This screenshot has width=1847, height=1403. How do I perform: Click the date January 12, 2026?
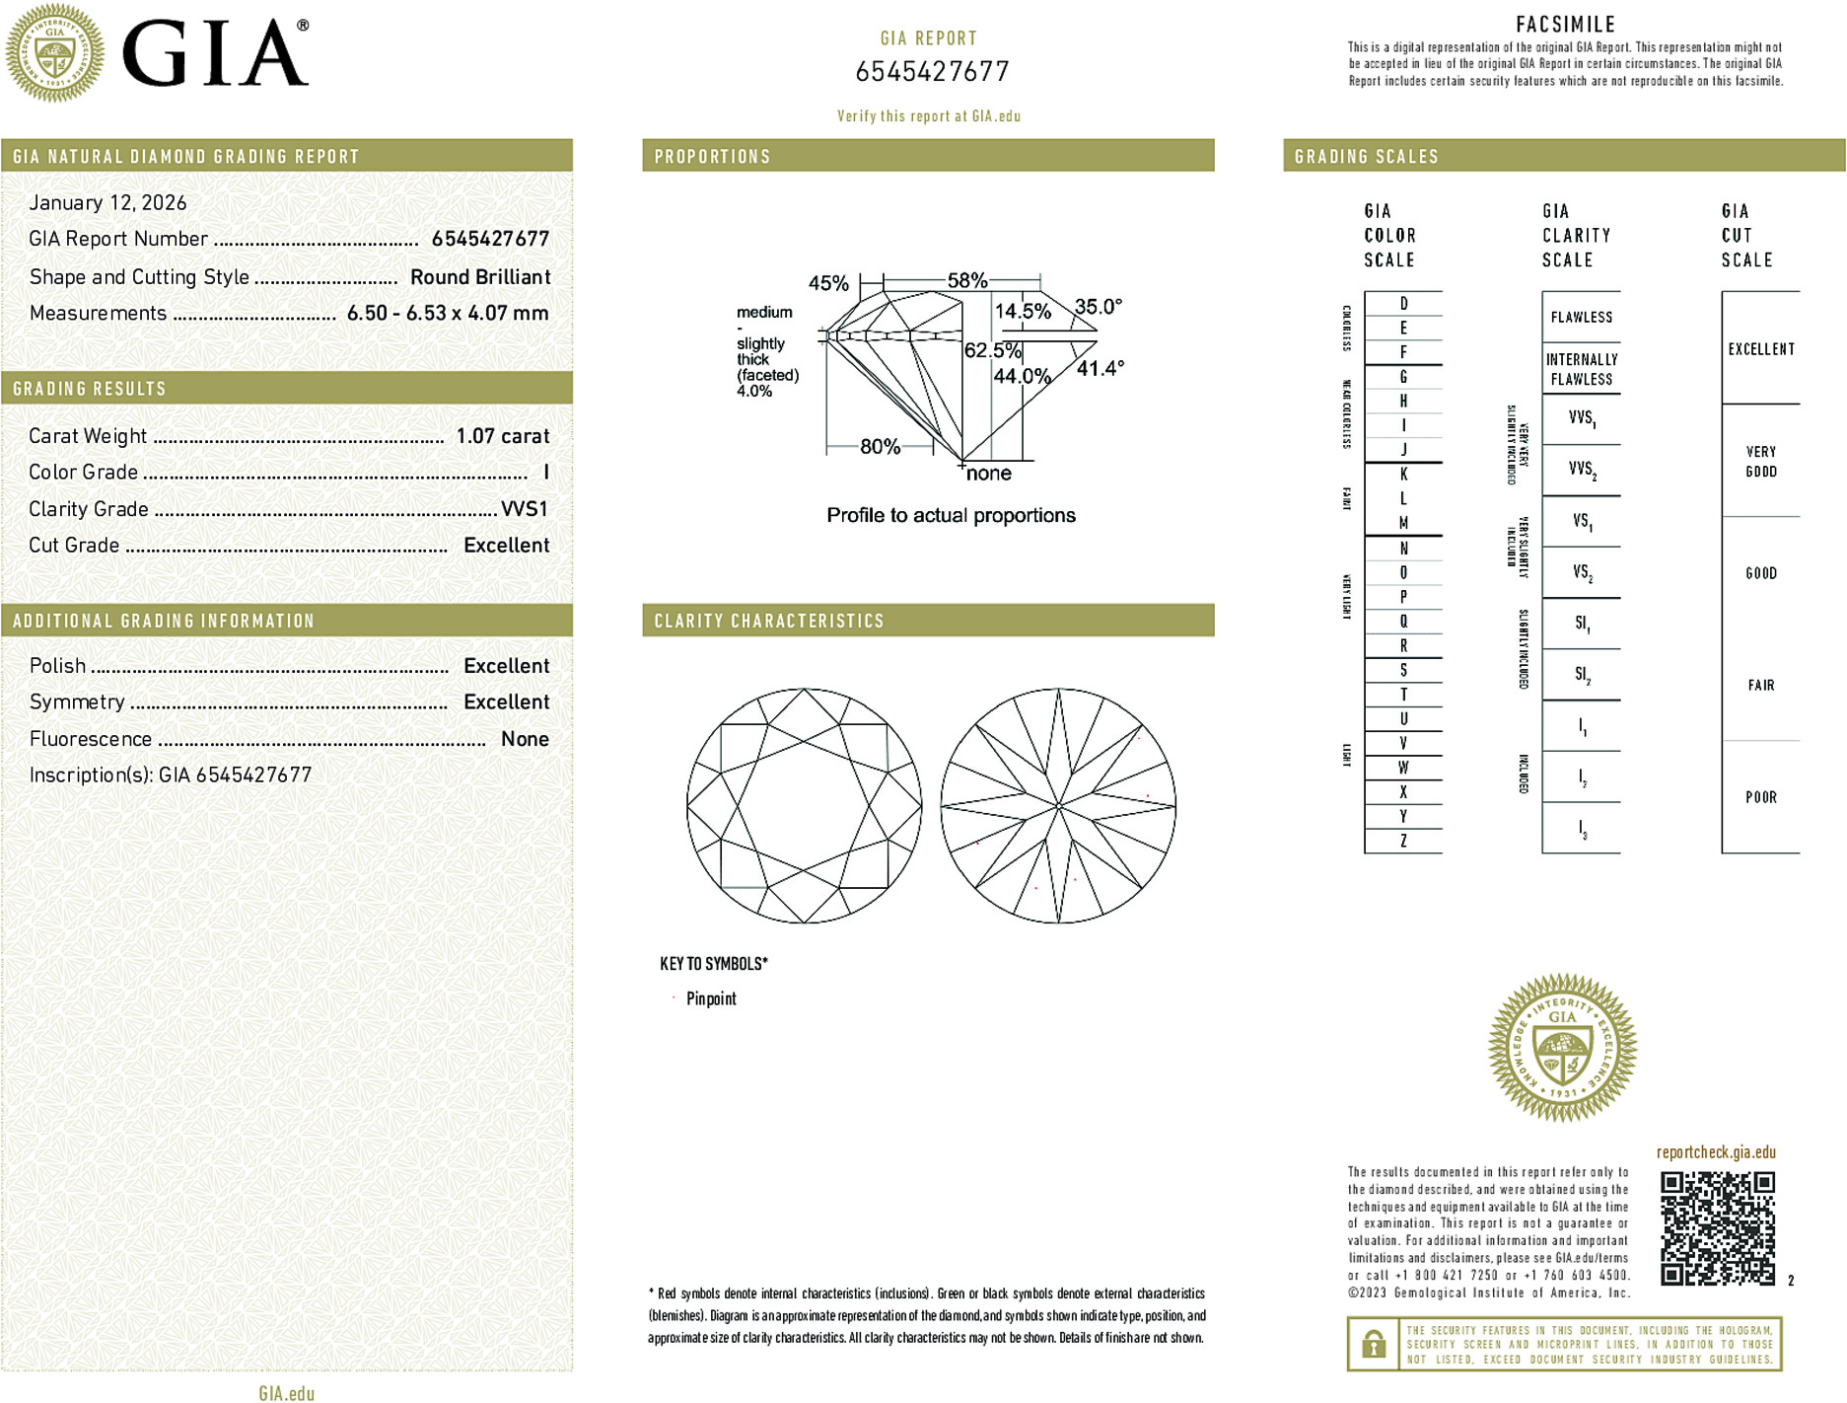coord(107,202)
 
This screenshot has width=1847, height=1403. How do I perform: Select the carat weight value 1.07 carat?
coord(502,436)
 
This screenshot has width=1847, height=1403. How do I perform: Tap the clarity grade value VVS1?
coord(524,509)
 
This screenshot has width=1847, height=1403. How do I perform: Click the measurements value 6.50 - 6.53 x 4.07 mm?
coord(447,313)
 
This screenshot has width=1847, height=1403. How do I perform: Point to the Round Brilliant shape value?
coord(480,277)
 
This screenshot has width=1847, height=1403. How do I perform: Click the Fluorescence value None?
coord(525,739)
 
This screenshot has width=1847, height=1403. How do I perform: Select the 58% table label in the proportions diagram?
coord(966,280)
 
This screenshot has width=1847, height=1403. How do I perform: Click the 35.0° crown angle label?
coord(1098,307)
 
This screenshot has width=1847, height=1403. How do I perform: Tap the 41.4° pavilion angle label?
coord(1100,369)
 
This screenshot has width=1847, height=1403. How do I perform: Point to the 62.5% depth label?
coord(992,350)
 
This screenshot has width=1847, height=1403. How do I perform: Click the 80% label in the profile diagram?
coord(880,447)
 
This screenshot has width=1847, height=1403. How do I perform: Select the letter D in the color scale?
coord(1403,304)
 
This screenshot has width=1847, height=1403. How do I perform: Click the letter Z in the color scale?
coord(1403,841)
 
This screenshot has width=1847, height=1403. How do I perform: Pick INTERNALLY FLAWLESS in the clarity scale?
coord(1581,369)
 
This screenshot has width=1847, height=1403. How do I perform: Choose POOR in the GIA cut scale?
coord(1760,797)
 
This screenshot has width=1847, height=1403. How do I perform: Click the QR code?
coord(1717,1228)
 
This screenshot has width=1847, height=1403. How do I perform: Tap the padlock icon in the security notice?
coord(1374,1344)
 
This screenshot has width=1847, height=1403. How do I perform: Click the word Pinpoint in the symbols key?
coord(711,998)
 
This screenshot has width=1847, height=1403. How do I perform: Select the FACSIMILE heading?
coord(1565,25)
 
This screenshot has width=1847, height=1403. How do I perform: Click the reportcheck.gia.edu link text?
coord(1716,1152)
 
